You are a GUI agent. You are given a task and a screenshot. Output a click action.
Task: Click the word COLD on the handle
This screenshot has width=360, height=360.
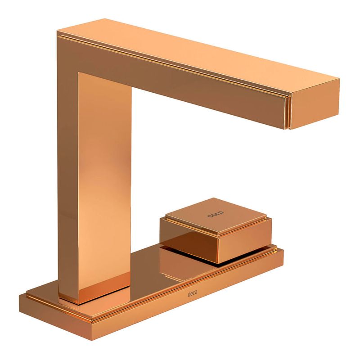[x=216, y=214]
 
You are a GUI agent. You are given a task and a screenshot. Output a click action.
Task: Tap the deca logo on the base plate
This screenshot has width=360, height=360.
[x=192, y=294]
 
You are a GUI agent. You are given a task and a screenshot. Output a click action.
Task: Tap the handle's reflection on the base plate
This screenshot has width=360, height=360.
[x=184, y=264]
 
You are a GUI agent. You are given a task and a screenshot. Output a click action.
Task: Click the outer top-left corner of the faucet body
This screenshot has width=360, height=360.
[x=57, y=31]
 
